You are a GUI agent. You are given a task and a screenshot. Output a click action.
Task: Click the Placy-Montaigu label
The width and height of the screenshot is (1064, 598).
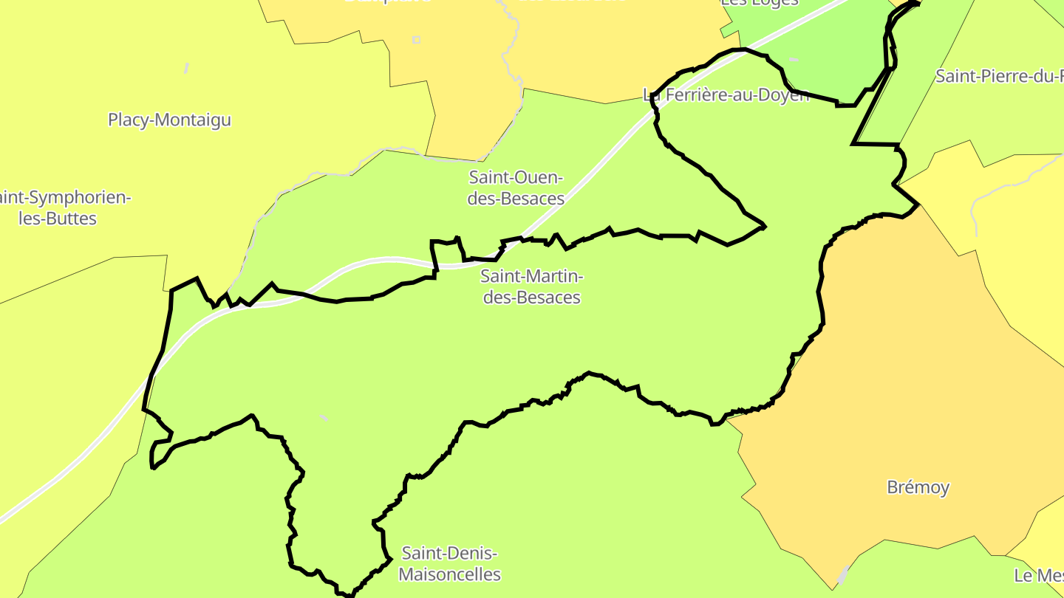pos(169,120)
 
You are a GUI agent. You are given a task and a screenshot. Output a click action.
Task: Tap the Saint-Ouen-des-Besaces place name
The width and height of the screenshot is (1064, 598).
pos(516,188)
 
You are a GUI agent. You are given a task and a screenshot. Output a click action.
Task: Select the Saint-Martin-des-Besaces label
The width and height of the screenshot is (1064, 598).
pos(531,286)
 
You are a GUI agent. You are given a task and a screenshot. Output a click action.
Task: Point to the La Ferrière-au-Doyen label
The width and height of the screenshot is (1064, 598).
pos(727,95)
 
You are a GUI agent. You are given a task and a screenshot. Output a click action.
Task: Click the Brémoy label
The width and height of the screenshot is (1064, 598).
pos(918,487)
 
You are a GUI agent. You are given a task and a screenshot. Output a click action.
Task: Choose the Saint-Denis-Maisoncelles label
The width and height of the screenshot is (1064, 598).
pos(449,563)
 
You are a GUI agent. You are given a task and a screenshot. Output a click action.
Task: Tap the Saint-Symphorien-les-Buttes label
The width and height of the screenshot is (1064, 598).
pos(65,208)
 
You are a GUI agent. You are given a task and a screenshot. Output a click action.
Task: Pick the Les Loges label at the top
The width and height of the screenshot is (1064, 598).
pos(760,2)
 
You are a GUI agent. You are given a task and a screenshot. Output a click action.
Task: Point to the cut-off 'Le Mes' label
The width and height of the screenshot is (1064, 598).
pos(1038,576)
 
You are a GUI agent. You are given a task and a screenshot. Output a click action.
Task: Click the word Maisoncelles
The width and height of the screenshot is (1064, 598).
pos(449,574)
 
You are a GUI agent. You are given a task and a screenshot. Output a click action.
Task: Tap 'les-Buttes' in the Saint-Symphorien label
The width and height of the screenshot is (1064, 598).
pos(58,219)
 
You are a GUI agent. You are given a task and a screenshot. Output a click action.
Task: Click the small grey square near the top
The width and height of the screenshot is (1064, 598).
pos(416,40)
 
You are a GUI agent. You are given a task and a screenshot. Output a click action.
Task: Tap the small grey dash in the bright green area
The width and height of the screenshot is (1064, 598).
pos(793,59)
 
